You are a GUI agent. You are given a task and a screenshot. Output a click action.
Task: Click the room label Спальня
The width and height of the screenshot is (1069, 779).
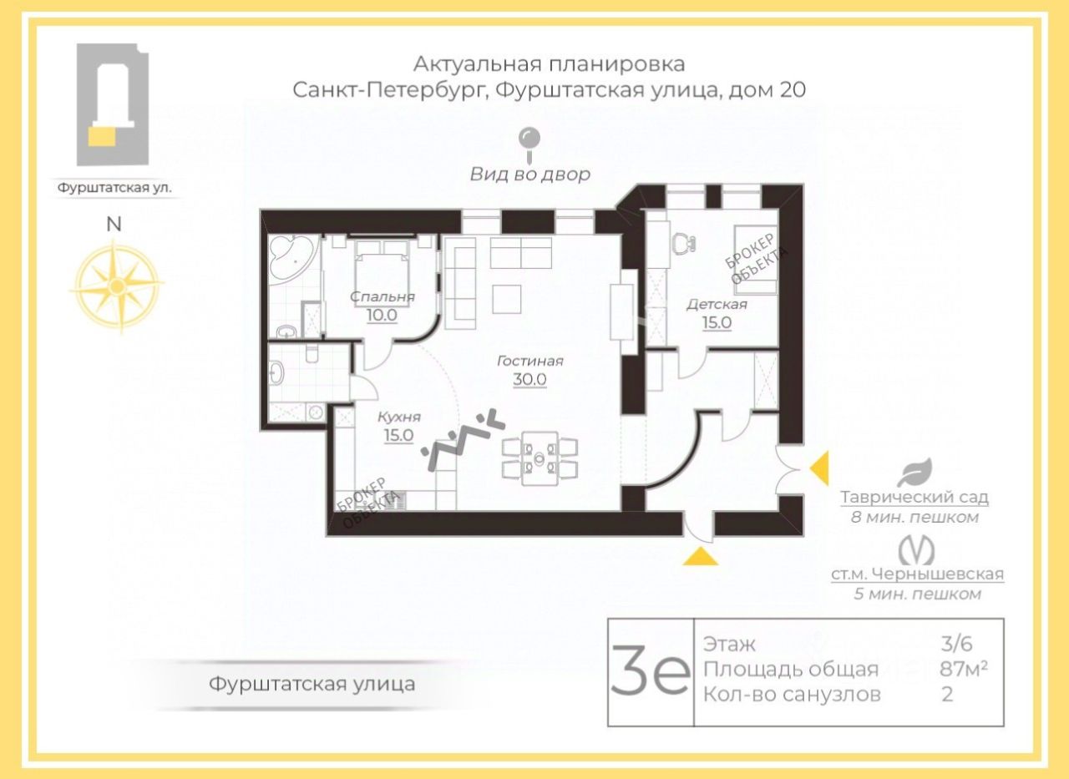tap(383, 296)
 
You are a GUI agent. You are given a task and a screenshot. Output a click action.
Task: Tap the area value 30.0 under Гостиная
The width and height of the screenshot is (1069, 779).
tap(529, 379)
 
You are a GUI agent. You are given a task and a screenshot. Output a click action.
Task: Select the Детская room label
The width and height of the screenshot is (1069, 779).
tap(717, 304)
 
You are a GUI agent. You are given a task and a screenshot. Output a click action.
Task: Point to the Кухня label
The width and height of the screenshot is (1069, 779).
tap(398, 417)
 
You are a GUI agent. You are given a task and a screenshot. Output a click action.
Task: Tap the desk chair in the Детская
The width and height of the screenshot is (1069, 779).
tap(685, 244)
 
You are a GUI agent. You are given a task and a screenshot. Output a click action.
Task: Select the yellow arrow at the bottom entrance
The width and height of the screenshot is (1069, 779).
tap(700, 557)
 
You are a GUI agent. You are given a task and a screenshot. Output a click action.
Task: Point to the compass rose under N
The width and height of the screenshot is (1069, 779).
tap(116, 286)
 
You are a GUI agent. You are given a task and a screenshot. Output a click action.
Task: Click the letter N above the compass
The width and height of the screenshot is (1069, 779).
tap(114, 224)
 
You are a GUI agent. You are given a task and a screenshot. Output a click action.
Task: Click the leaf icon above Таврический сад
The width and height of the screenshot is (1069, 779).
tap(914, 473)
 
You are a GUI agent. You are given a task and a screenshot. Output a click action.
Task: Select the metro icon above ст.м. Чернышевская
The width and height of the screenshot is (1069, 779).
tap(916, 550)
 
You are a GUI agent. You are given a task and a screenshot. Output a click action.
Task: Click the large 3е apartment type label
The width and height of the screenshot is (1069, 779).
tap(650, 672)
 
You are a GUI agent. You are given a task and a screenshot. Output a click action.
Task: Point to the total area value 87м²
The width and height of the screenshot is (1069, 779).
tap(957, 669)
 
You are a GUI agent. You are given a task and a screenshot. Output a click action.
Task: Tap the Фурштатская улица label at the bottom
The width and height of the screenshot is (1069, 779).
tap(312, 685)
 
